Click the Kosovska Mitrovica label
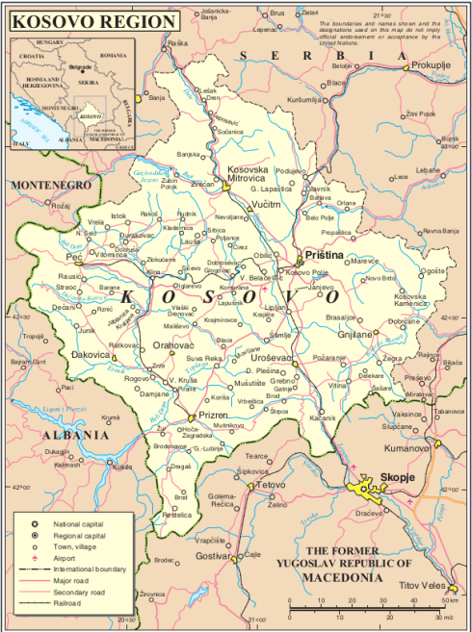tap(248, 174)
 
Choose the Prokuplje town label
tap(431, 64)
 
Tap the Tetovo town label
tap(276, 486)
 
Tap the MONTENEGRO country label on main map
tap(49, 184)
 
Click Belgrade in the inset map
tap(81, 66)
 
